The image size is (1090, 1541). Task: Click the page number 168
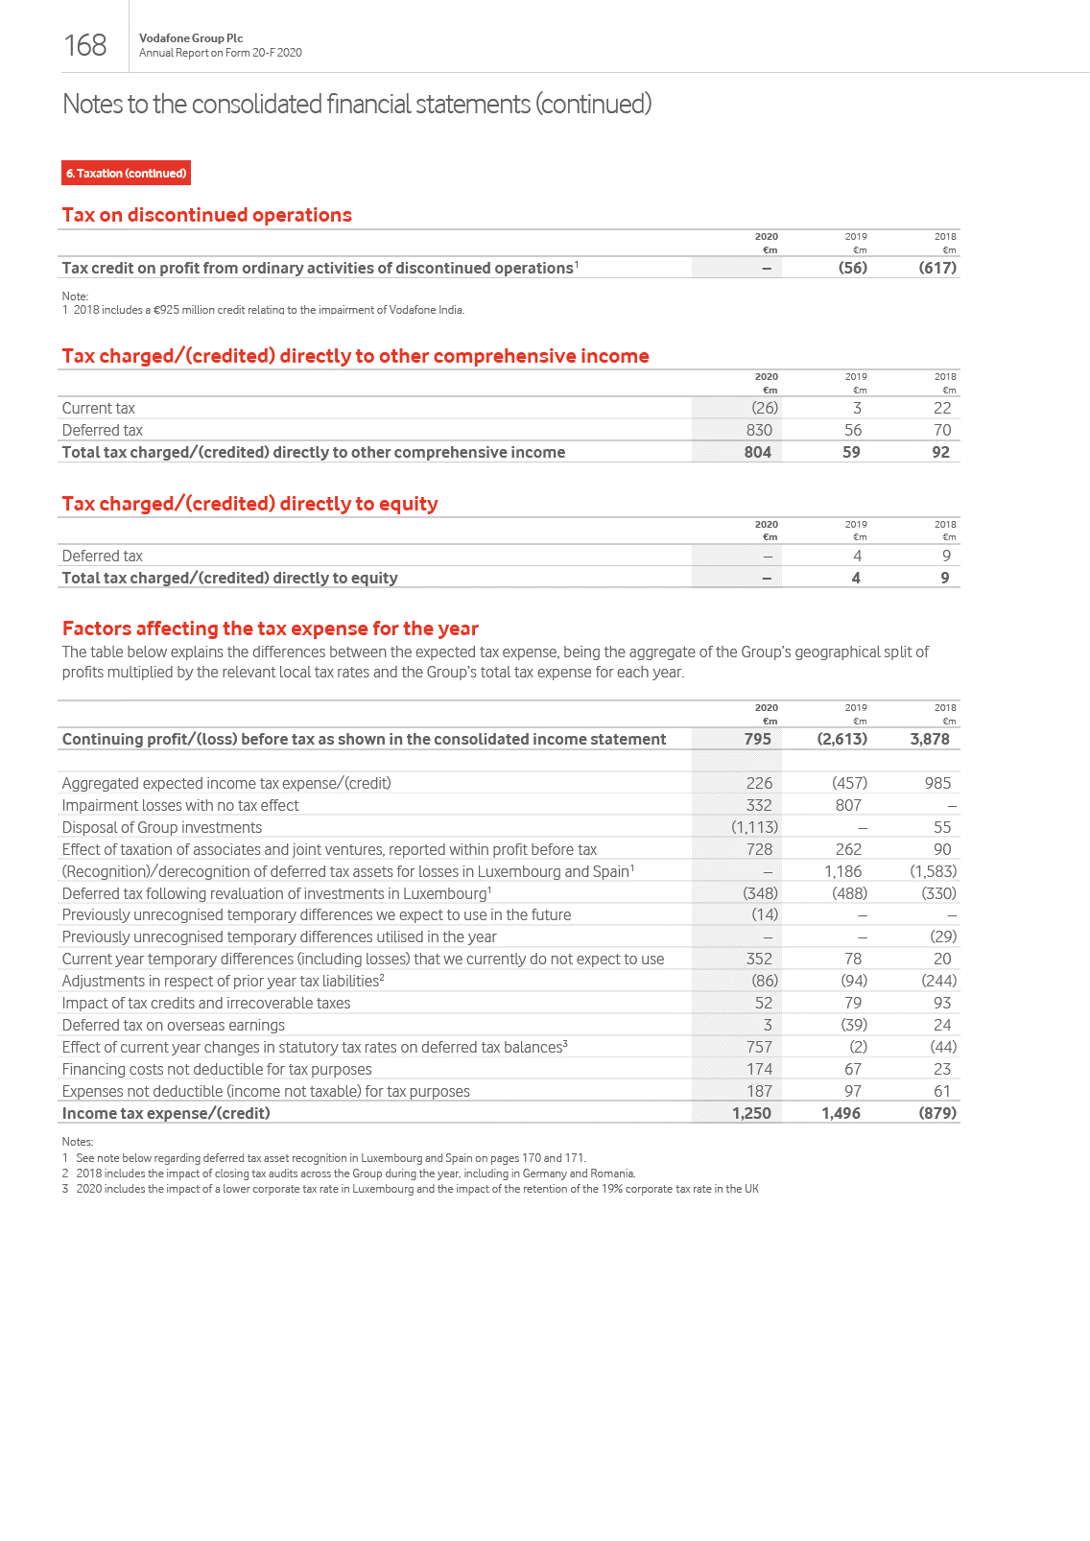click(85, 45)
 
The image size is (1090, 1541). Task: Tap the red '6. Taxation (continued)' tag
click(127, 173)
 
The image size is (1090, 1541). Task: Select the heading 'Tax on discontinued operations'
click(206, 215)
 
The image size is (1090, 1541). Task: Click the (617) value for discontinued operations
click(936, 268)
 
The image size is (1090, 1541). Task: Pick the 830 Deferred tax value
click(759, 430)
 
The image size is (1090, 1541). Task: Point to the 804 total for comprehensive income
click(757, 452)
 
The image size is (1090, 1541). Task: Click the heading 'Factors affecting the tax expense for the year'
click(270, 628)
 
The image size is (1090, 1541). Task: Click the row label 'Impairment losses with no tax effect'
click(180, 805)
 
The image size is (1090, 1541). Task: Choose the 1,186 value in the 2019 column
click(842, 871)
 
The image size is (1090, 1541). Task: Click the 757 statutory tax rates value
click(759, 1047)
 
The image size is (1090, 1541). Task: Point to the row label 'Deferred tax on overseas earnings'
click(173, 1025)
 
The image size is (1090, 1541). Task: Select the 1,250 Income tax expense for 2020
click(751, 1113)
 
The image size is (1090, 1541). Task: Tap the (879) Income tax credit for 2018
click(937, 1113)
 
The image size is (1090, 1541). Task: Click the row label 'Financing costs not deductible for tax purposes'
click(216, 1069)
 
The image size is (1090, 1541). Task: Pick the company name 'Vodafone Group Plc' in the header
click(191, 38)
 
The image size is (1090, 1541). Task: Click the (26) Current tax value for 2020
click(764, 408)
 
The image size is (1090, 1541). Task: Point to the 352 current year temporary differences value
click(759, 959)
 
